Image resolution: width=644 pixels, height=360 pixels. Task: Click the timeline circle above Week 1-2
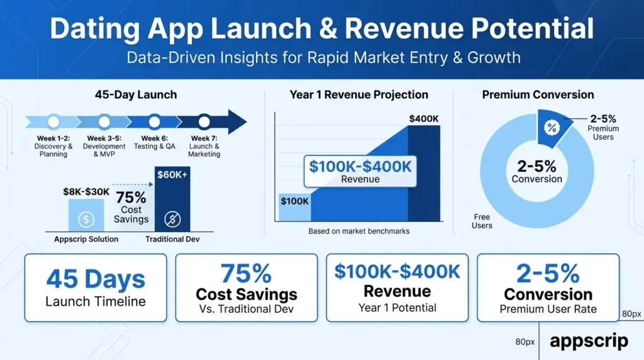(x=53, y=122)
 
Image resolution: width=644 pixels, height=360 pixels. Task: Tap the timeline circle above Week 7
(x=204, y=122)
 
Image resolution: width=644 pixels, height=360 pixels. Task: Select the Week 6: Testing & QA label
(x=155, y=142)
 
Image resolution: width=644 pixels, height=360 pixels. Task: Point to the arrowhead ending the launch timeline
(x=237, y=121)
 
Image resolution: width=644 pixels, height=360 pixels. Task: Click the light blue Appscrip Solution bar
(x=86, y=215)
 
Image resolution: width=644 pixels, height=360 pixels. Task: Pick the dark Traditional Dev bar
(x=172, y=200)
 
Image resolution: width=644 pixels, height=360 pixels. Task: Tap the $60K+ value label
(x=172, y=175)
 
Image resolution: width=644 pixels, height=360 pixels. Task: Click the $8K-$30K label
(x=86, y=192)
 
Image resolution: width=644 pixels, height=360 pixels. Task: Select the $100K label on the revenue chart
(x=294, y=201)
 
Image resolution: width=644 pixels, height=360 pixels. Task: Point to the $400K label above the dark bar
(x=424, y=119)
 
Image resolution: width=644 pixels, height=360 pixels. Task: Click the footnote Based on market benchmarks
(x=359, y=232)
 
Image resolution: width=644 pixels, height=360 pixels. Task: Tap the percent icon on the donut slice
(x=552, y=128)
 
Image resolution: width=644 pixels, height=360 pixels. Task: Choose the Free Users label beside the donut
(x=482, y=221)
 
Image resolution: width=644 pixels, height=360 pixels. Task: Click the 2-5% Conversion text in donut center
(x=537, y=171)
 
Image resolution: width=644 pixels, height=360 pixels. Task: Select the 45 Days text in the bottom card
(x=96, y=279)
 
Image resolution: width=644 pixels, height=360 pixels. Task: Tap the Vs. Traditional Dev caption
(x=247, y=309)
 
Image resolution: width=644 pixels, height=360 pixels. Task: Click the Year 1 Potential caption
(x=397, y=308)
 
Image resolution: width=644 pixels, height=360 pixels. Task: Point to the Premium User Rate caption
(x=548, y=309)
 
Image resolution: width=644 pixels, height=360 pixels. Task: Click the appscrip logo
(x=589, y=341)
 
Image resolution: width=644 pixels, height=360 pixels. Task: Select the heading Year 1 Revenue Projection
(x=359, y=95)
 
